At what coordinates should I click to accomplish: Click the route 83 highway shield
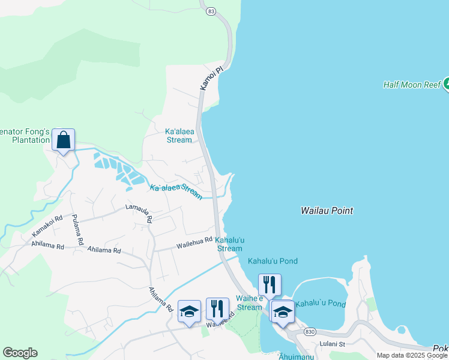210,11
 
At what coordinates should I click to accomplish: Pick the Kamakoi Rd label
47,226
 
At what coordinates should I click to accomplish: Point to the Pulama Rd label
76,230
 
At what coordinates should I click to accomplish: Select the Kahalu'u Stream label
229,244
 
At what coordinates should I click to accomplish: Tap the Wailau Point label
327,211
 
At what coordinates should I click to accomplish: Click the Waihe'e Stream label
249,302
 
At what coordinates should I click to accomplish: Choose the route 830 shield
310,332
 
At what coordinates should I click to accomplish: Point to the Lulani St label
333,344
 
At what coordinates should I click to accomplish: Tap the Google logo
20,353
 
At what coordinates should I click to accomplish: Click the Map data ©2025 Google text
412,355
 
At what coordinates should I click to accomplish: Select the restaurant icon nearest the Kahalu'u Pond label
270,284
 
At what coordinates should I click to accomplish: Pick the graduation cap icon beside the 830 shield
283,311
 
